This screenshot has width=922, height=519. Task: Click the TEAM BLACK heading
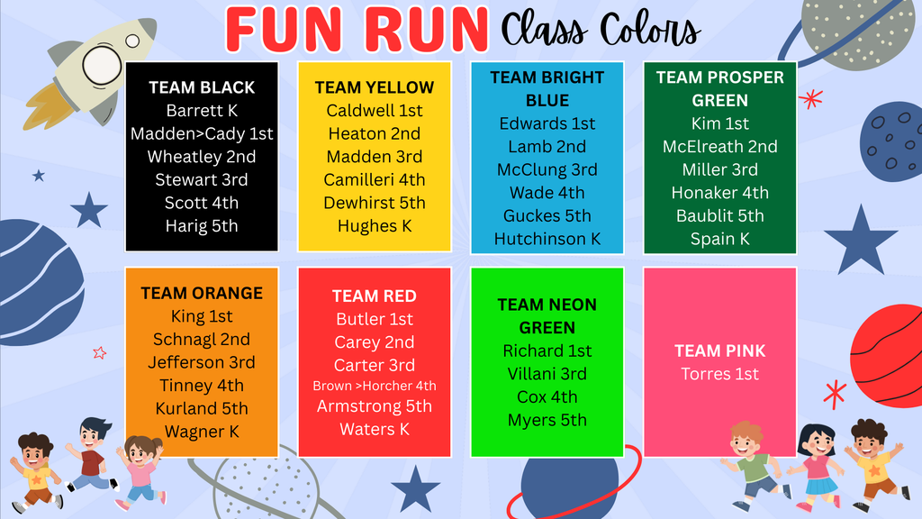click(202, 87)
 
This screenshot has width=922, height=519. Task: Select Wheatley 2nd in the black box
click(202, 157)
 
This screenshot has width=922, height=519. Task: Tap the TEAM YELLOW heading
click(375, 87)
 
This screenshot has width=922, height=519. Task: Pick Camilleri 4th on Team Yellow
click(375, 180)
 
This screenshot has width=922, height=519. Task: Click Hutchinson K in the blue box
click(547, 239)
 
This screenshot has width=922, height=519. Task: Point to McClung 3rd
click(547, 169)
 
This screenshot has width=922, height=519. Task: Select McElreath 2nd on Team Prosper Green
click(720, 146)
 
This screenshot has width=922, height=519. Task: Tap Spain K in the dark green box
click(720, 239)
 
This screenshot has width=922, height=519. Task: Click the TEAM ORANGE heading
click(202, 293)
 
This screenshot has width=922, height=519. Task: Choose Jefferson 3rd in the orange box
click(202, 362)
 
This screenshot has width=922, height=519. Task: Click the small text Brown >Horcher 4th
click(375, 386)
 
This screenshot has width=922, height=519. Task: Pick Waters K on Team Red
click(375, 430)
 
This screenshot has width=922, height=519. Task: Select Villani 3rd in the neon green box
click(547, 374)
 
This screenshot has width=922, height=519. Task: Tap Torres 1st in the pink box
click(720, 374)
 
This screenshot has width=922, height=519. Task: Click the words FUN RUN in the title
click(357, 30)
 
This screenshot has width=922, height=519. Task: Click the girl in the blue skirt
click(817, 467)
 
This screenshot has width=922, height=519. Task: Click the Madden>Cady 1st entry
click(202, 133)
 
